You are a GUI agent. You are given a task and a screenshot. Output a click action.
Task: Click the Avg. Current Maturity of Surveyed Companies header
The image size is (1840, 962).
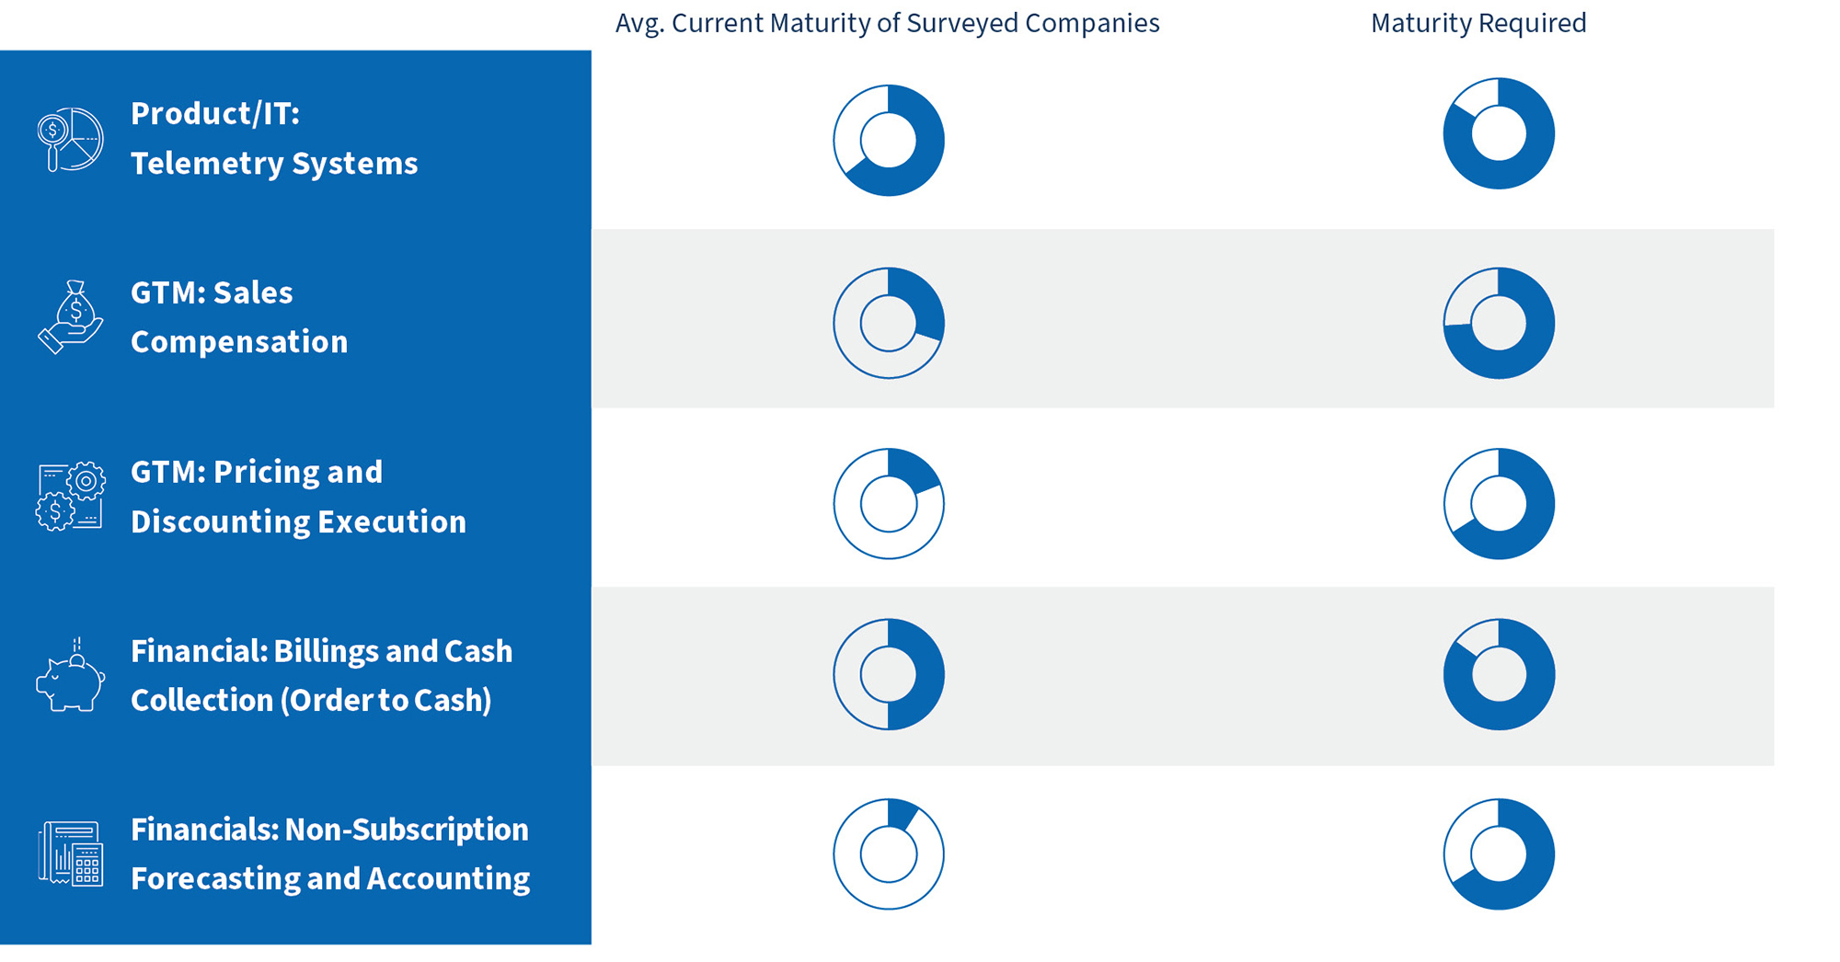pyautogui.click(x=887, y=23)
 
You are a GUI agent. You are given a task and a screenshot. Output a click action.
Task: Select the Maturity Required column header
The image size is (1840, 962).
pyautogui.click(x=1478, y=23)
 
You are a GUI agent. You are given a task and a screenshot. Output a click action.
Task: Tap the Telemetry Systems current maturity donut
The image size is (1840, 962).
pyautogui.click(x=889, y=141)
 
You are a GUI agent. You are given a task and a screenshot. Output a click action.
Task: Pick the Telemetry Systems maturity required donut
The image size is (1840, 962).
pyautogui.click(x=1499, y=133)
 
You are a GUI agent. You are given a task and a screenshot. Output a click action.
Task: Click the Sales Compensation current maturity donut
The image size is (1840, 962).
pyautogui.click(x=889, y=323)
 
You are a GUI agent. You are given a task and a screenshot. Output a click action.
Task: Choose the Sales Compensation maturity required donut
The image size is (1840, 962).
pyautogui.click(x=1499, y=323)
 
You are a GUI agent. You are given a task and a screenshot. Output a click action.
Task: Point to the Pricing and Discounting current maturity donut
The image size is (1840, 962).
pyautogui.click(x=889, y=504)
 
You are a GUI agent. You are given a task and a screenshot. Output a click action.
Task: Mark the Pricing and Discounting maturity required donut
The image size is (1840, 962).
pyautogui.click(x=1499, y=504)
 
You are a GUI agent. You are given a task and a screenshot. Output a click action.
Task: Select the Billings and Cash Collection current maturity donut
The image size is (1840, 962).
pyautogui.click(x=889, y=674)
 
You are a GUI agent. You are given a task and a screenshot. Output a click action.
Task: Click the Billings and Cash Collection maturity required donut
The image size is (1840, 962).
pyautogui.click(x=1499, y=674)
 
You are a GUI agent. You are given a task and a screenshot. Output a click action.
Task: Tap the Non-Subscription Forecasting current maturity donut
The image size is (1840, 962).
pyautogui.click(x=889, y=853)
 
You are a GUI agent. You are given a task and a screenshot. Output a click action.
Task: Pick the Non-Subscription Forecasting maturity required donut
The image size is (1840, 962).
pyautogui.click(x=1499, y=853)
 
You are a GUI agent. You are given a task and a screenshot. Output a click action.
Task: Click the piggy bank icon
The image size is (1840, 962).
pyautogui.click(x=70, y=679)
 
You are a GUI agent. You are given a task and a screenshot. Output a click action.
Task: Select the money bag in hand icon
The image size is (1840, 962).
pyautogui.click(x=71, y=317)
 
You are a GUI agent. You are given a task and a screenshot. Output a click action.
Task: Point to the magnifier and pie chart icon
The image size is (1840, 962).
pyautogui.click(x=70, y=139)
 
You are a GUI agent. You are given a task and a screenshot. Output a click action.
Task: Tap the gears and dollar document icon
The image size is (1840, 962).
pyautogui.click(x=70, y=497)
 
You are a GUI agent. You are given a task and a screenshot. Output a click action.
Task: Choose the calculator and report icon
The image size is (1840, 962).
pyautogui.click(x=70, y=853)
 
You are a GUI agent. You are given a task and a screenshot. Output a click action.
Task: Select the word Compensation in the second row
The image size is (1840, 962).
pyautogui.click(x=239, y=342)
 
